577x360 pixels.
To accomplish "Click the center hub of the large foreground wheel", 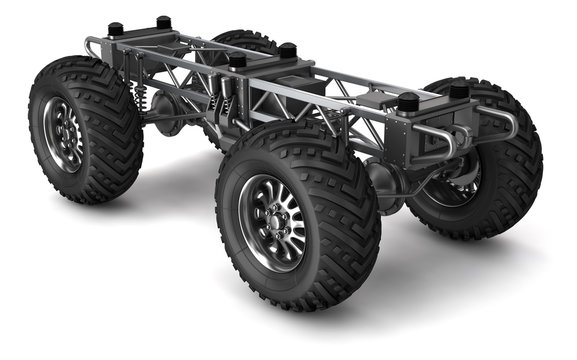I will [273, 218].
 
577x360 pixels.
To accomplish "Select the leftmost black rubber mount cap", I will [116, 29].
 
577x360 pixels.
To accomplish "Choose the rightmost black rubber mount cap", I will [459, 90].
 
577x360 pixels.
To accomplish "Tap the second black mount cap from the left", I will [163, 21].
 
